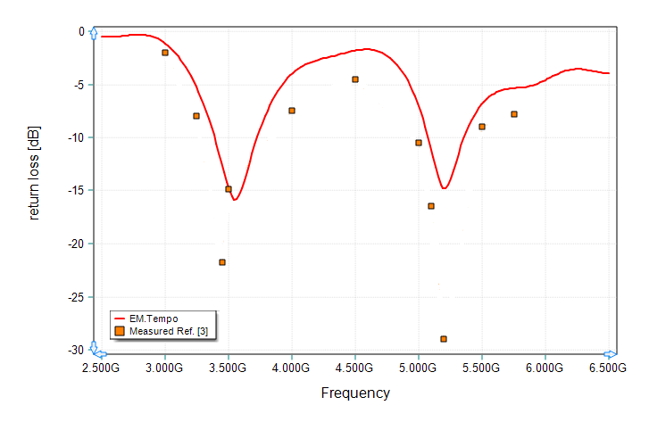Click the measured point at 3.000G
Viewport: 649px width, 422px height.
point(165,53)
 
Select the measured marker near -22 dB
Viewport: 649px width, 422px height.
point(222,262)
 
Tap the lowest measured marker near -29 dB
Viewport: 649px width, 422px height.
point(444,339)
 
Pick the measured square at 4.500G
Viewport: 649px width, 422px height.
point(355,79)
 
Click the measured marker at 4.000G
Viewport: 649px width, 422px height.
point(292,111)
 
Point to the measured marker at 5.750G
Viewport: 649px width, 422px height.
point(514,114)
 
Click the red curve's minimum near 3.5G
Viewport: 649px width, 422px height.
point(234,199)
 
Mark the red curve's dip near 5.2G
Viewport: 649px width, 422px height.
point(444,188)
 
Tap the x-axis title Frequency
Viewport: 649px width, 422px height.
point(355,393)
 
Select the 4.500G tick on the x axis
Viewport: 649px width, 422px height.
point(355,367)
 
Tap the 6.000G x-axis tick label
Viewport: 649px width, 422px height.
point(545,367)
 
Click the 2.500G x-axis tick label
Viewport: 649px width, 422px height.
point(101,367)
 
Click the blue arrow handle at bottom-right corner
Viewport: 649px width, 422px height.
point(610,355)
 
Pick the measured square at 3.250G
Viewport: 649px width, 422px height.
point(196,116)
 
